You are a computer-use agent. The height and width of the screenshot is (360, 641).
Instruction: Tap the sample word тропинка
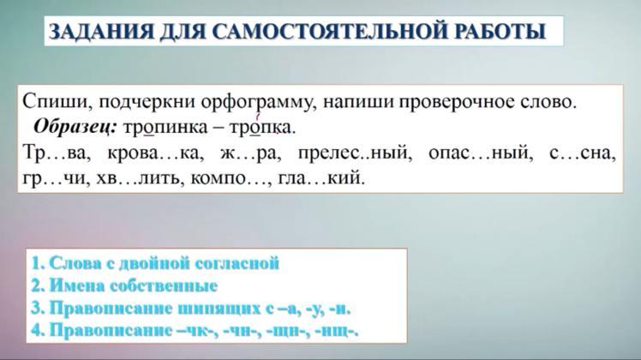pyautogui.click(x=165, y=128)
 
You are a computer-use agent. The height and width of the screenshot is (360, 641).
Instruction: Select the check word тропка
pyautogui.click(x=261, y=128)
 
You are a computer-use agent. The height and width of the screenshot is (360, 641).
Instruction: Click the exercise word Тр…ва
pyautogui.click(x=57, y=153)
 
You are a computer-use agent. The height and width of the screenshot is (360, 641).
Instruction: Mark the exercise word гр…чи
pyautogui.click(x=56, y=179)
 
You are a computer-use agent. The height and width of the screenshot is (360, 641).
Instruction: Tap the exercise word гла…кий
pyautogui.click(x=321, y=179)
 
